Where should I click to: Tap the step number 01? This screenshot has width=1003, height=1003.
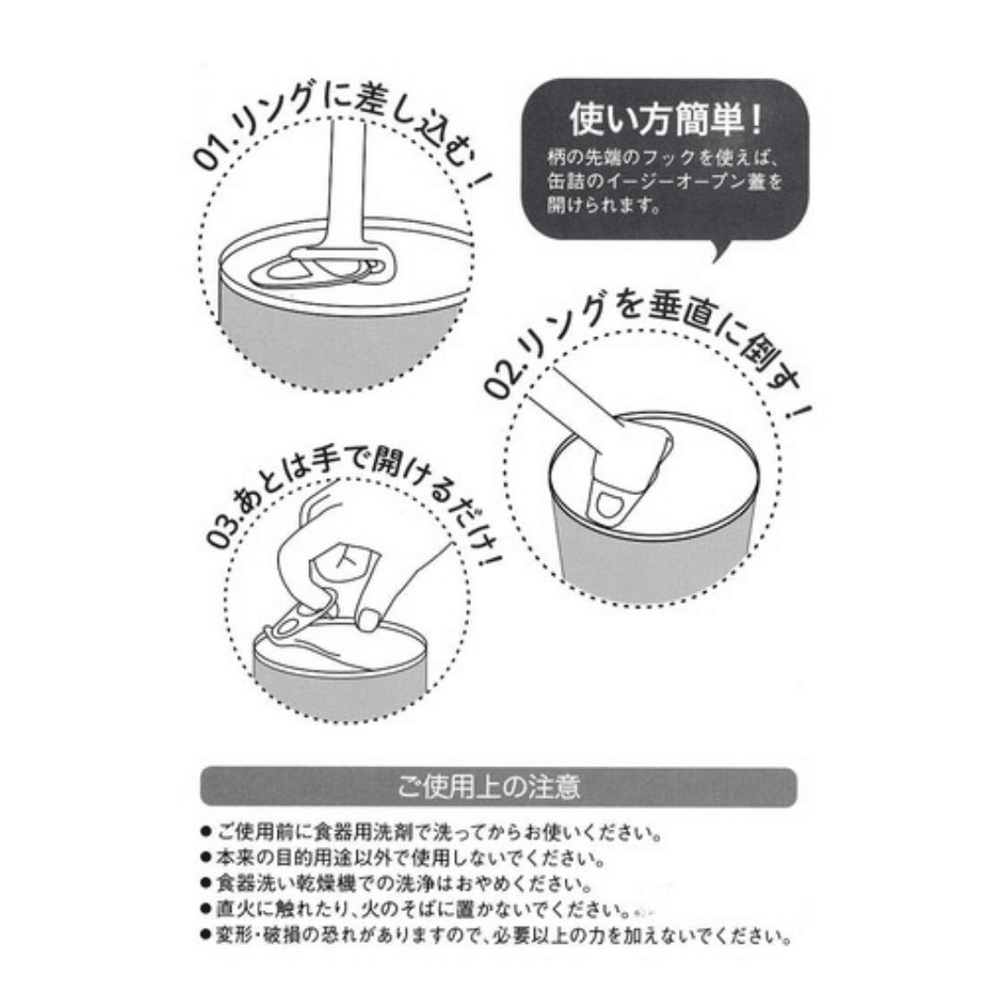pyautogui.click(x=210, y=155)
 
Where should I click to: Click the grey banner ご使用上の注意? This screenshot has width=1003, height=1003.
pyautogui.click(x=499, y=787)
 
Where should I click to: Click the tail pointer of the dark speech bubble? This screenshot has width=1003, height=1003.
pyautogui.click(x=722, y=250)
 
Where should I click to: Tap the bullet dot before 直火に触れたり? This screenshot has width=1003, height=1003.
pyautogui.click(x=205, y=909)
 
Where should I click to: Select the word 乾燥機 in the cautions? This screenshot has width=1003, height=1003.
pyautogui.click(x=326, y=883)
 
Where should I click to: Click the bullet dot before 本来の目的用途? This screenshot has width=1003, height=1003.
pyautogui.click(x=205, y=858)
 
